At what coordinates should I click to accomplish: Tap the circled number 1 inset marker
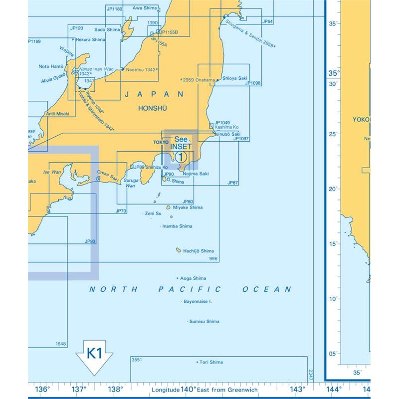181,157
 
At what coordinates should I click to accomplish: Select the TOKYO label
161,142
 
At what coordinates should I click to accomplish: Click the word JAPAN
154,94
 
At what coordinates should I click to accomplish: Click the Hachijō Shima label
198,251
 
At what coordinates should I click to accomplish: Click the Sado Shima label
107,30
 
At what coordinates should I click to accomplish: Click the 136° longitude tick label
43,390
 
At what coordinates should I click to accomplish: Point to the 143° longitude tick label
298,390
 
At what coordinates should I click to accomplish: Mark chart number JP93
90,241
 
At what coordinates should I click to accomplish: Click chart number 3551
136,359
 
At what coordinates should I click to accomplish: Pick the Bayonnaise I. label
198,302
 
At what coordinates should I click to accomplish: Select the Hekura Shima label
91,39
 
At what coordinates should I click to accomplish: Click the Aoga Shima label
193,278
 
